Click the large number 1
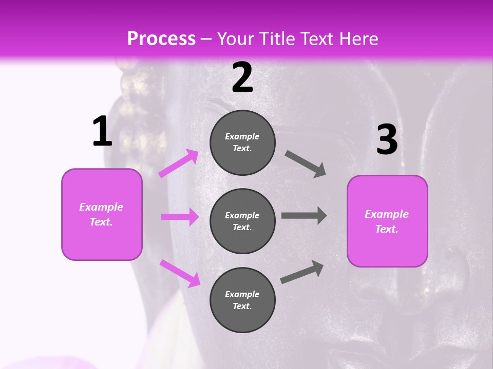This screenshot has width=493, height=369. click(102, 131)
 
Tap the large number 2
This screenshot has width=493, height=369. click(242, 78)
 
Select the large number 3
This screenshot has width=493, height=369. click(387, 140)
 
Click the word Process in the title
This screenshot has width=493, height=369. click(161, 39)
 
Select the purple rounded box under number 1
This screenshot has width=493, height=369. click(102, 214)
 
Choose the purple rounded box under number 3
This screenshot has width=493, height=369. click(387, 221)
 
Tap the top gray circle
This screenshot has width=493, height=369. click(242, 142)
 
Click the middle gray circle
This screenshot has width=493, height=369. click(242, 221)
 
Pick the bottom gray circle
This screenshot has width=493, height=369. click(242, 300)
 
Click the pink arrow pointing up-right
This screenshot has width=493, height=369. click(179, 163)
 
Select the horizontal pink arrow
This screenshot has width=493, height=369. click(180, 217)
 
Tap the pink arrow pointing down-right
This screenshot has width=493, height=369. click(180, 273)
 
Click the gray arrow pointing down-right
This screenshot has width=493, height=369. click(306, 164)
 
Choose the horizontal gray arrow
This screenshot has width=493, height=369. click(304, 215)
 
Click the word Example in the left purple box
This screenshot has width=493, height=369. click(101, 207)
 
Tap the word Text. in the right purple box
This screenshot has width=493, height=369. click(387, 229)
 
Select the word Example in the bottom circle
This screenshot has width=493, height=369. click(242, 294)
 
